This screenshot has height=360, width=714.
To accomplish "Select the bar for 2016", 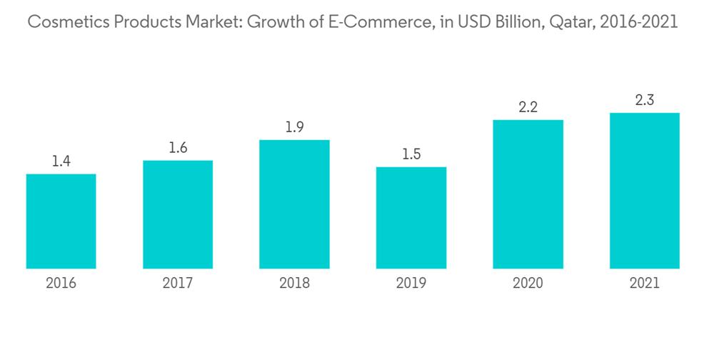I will (61, 221).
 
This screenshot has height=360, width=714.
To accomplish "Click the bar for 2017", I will (178, 214).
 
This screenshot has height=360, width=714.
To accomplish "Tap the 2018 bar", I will (294, 204).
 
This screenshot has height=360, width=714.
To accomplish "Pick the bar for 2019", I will (411, 218).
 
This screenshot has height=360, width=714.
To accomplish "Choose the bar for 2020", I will (528, 194).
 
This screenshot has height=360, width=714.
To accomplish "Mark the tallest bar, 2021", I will (644, 191).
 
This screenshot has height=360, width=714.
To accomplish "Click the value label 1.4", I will (61, 161).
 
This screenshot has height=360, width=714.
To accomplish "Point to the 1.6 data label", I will (178, 148).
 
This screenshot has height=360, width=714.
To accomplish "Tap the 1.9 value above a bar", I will (294, 127).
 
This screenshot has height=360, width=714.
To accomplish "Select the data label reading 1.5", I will (411, 154).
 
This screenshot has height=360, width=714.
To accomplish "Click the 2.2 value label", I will (528, 107).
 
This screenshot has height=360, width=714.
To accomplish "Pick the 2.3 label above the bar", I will (644, 100).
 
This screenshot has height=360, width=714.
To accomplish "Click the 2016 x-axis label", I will (61, 284).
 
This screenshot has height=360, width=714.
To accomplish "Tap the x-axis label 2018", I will (294, 284).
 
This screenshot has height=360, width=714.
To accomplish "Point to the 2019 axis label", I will (411, 284).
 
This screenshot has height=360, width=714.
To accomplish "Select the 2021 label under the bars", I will (644, 284).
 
